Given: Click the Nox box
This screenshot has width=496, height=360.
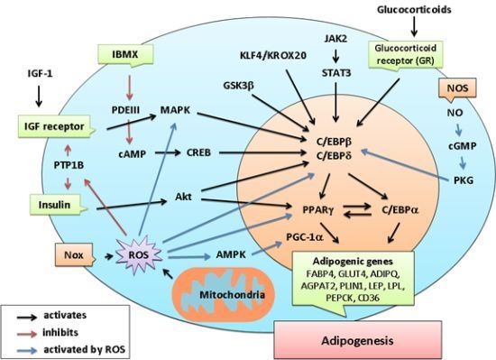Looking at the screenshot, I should tap(70, 254).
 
